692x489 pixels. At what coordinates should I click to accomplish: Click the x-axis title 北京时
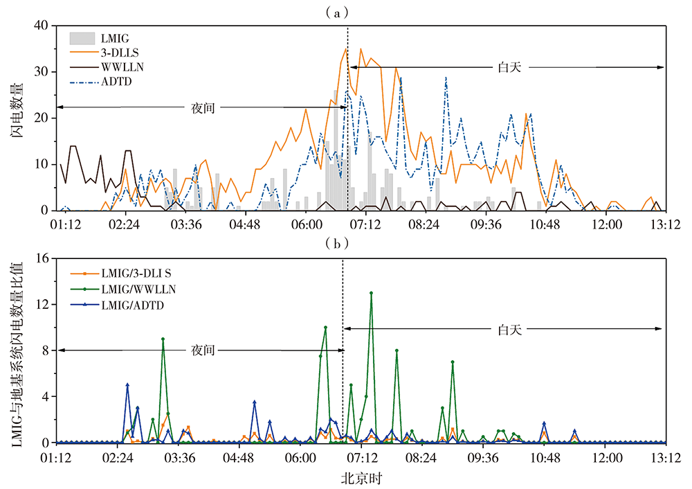click(x=362, y=478)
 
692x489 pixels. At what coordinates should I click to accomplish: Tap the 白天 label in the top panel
click(x=509, y=67)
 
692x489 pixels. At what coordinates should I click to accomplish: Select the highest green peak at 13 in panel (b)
click(x=372, y=293)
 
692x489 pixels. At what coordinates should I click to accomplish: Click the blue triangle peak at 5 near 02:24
click(x=127, y=385)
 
